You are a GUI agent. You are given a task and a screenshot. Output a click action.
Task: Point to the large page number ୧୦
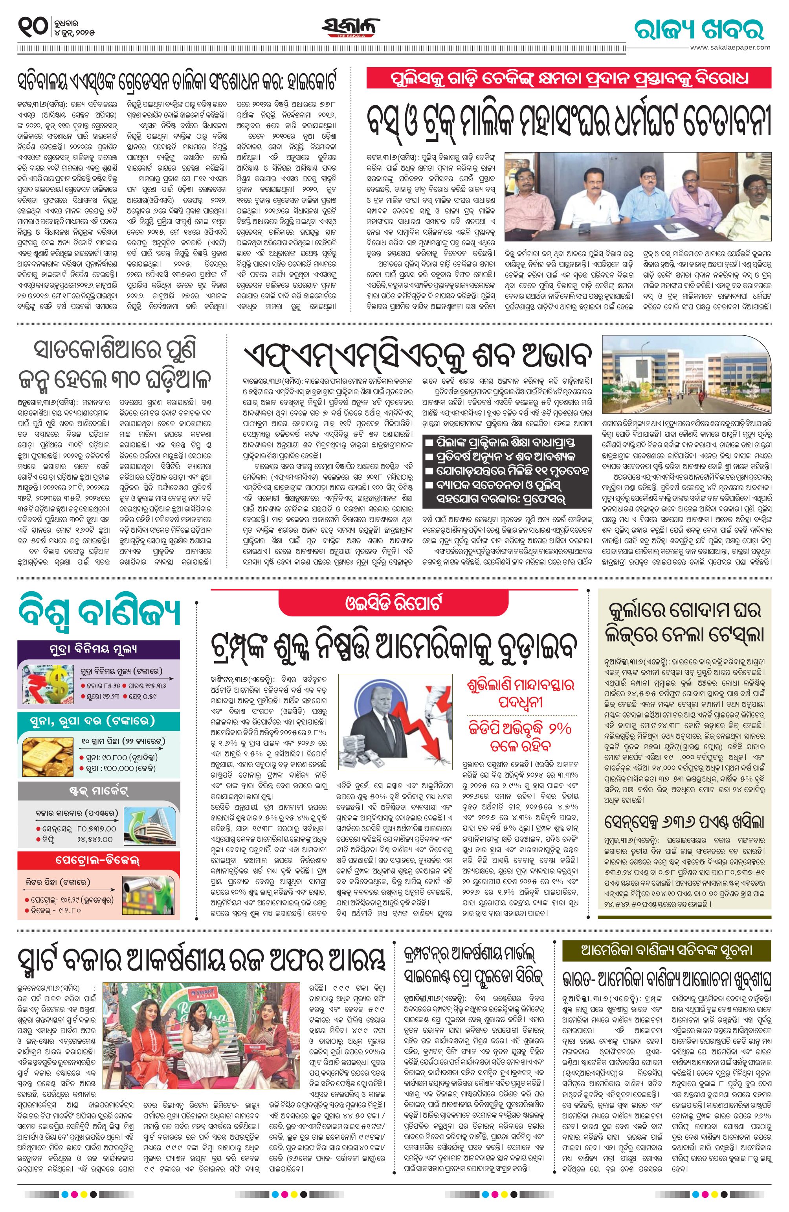pos(33,26)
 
